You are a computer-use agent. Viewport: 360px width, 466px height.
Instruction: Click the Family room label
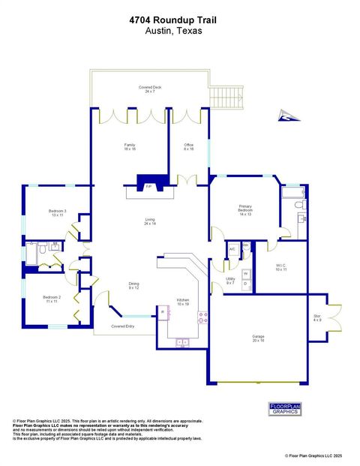pyautogui.click(x=130, y=147)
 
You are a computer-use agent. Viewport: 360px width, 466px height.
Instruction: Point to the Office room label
pyautogui.click(x=189, y=147)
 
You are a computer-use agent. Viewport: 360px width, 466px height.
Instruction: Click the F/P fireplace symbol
pyautogui.click(x=148, y=185)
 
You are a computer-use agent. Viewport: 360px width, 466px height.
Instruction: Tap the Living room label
pyautogui.click(x=150, y=221)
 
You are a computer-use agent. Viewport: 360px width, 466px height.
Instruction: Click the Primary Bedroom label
pyautogui.click(x=246, y=209)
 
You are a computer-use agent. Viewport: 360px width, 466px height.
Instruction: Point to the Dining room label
pyautogui.click(x=134, y=286)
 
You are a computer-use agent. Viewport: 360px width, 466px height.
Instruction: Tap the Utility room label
pyautogui.click(x=229, y=281)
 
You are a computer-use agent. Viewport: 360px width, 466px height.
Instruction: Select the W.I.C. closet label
pyautogui.click(x=280, y=267)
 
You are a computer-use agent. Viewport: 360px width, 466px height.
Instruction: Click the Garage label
pyautogui.click(x=258, y=338)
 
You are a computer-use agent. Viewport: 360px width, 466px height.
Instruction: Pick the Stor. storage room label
pyautogui.click(x=317, y=317)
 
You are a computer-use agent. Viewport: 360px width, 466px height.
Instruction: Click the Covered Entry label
pyautogui.click(x=122, y=326)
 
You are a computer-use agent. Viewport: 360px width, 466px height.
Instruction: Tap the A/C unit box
pyautogui.click(x=232, y=248)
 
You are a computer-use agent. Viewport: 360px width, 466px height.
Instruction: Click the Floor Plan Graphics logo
pyautogui.click(x=284, y=408)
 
